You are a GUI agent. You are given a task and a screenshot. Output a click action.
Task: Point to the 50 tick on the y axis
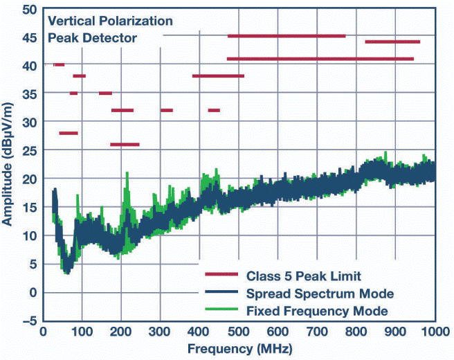tap(29, 10)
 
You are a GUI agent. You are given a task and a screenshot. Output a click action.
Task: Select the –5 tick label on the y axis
tap(27, 321)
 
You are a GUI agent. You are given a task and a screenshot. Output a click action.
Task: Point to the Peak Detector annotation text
tap(92, 38)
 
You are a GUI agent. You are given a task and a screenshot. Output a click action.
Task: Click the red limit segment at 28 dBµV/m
tap(69, 133)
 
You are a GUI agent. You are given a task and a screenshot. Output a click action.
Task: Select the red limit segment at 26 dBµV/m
tap(125, 145)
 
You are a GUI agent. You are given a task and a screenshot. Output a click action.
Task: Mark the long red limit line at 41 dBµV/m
tap(320, 59)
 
